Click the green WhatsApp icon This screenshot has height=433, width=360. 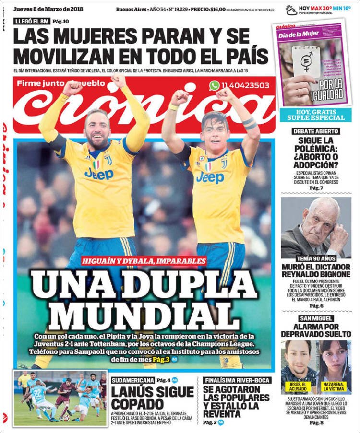tap(214, 85)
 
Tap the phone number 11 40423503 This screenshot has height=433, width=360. tap(246, 86)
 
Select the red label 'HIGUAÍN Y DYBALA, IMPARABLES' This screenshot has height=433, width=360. tap(144, 261)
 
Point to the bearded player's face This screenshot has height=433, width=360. tap(97, 129)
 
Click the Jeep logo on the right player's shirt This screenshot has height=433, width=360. tap(210, 178)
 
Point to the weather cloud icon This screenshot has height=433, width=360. tap(291, 10)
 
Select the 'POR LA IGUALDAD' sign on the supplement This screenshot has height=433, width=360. tap(332, 89)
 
